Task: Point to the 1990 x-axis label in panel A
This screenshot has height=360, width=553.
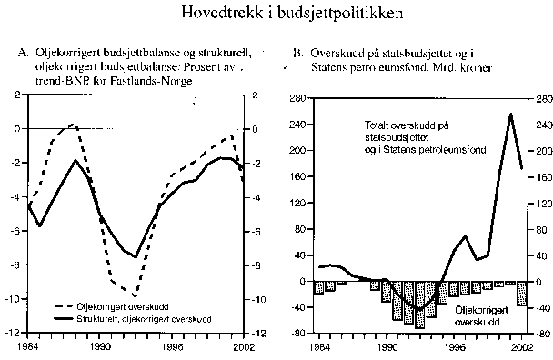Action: [101, 346]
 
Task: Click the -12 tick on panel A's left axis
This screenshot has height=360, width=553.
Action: [17, 334]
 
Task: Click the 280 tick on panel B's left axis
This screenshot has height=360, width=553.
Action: [298, 97]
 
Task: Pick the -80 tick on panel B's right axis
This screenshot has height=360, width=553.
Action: [542, 334]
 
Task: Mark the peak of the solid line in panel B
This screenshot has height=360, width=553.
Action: [510, 114]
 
